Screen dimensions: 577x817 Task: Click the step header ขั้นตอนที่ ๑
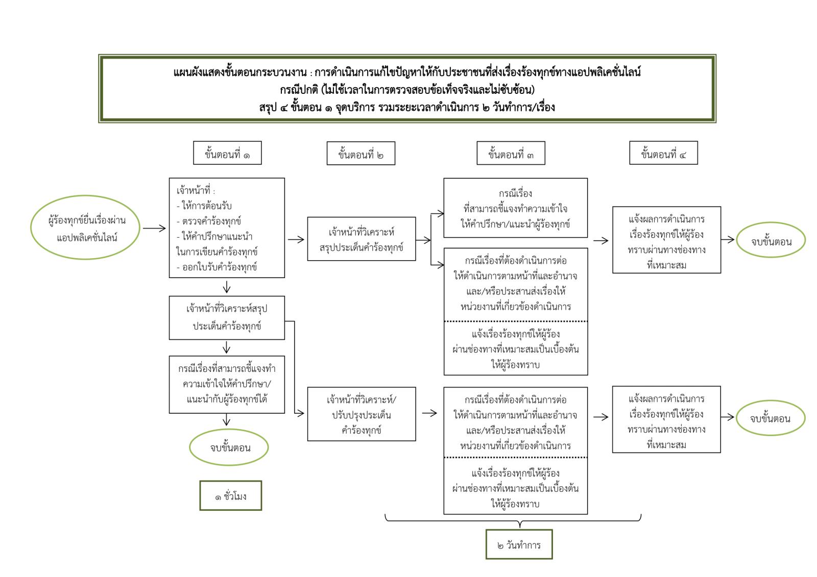point(227,153)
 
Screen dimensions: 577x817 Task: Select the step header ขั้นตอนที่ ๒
point(361,154)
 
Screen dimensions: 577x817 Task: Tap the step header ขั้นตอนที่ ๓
point(511,154)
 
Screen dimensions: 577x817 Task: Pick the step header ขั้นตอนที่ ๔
point(663,153)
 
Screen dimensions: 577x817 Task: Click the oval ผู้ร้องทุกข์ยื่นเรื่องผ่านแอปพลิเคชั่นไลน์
point(86,229)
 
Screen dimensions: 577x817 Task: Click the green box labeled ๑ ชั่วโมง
point(230,495)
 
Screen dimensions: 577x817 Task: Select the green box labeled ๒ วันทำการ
point(519,544)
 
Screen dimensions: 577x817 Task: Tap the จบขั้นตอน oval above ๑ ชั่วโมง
point(230,447)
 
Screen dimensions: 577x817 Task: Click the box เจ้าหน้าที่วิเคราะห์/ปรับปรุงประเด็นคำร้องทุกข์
point(362,414)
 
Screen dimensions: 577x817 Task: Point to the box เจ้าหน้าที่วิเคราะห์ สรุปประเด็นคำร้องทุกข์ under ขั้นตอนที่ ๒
point(362,239)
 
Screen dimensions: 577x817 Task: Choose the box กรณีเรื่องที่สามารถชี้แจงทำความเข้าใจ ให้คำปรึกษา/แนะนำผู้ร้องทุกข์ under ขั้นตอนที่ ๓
point(515,208)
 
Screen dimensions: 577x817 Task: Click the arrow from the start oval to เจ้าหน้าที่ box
point(154,229)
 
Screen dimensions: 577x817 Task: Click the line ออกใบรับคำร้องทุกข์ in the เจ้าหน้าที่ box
point(217,267)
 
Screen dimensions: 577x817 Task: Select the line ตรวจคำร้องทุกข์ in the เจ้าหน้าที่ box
point(208,221)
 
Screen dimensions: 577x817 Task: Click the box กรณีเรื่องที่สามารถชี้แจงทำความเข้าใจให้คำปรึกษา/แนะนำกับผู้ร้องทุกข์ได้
point(227,384)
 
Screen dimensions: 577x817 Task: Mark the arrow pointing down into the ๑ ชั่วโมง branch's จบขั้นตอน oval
point(227,420)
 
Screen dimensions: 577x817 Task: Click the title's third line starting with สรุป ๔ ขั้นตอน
point(407,107)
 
